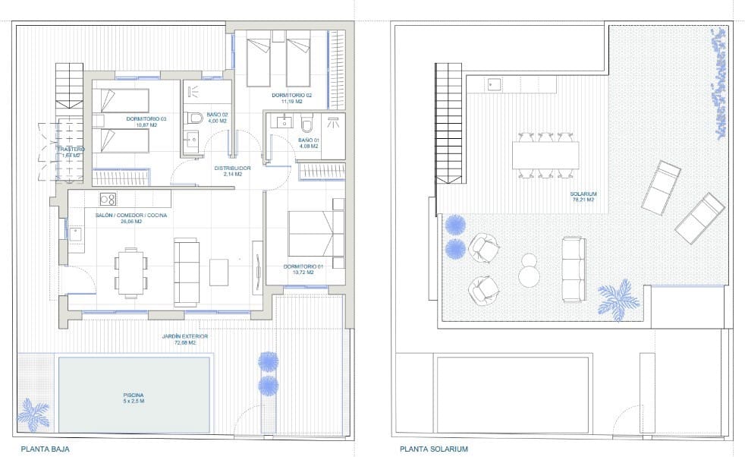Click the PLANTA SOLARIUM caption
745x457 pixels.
pos(433,449)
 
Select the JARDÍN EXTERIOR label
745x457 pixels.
pos(179,339)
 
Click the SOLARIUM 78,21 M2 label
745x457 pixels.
pos(583,197)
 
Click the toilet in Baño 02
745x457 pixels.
pos(195,118)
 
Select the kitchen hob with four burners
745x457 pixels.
pos(108,199)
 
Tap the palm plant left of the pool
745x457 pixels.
pos(33,414)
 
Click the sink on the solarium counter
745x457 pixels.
pos(495,84)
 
